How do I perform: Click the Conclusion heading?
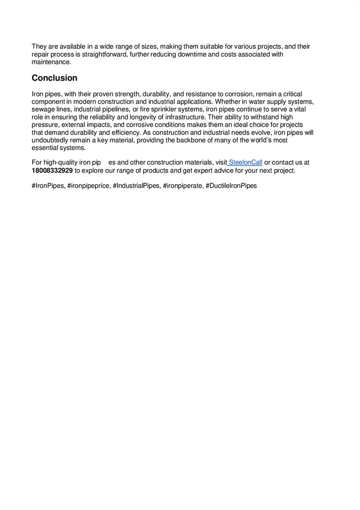[x=54, y=78]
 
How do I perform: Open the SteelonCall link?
[x=245, y=163]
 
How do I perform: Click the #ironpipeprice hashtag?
[x=89, y=186]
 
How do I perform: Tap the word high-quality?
[x=64, y=163]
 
